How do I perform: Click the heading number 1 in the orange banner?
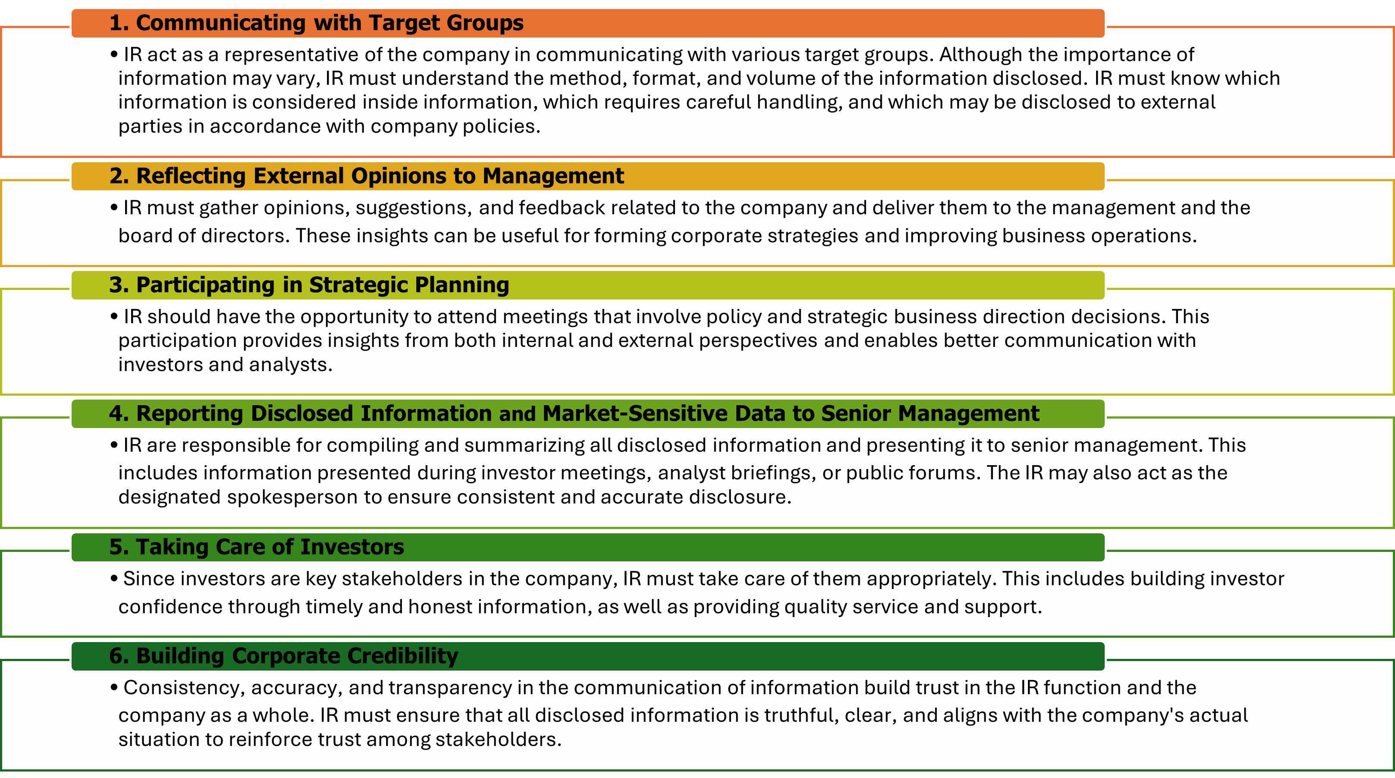(x=119, y=23)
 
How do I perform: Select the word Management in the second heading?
(x=553, y=176)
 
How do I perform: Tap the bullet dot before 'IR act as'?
(x=114, y=55)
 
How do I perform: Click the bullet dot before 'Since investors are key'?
(x=114, y=579)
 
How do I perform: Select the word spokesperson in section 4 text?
(x=292, y=498)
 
